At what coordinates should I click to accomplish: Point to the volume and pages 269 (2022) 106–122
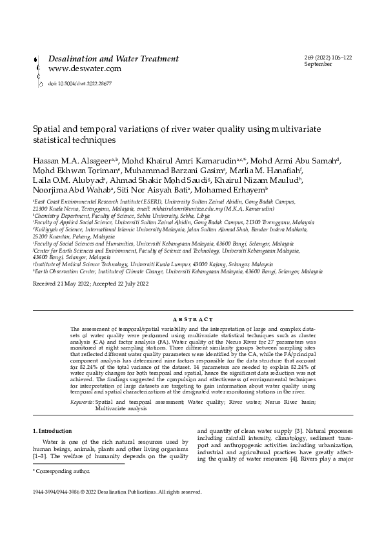tap(327, 58)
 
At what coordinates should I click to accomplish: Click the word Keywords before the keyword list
tap(82, 402)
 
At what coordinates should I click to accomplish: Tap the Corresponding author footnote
tap(59, 473)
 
